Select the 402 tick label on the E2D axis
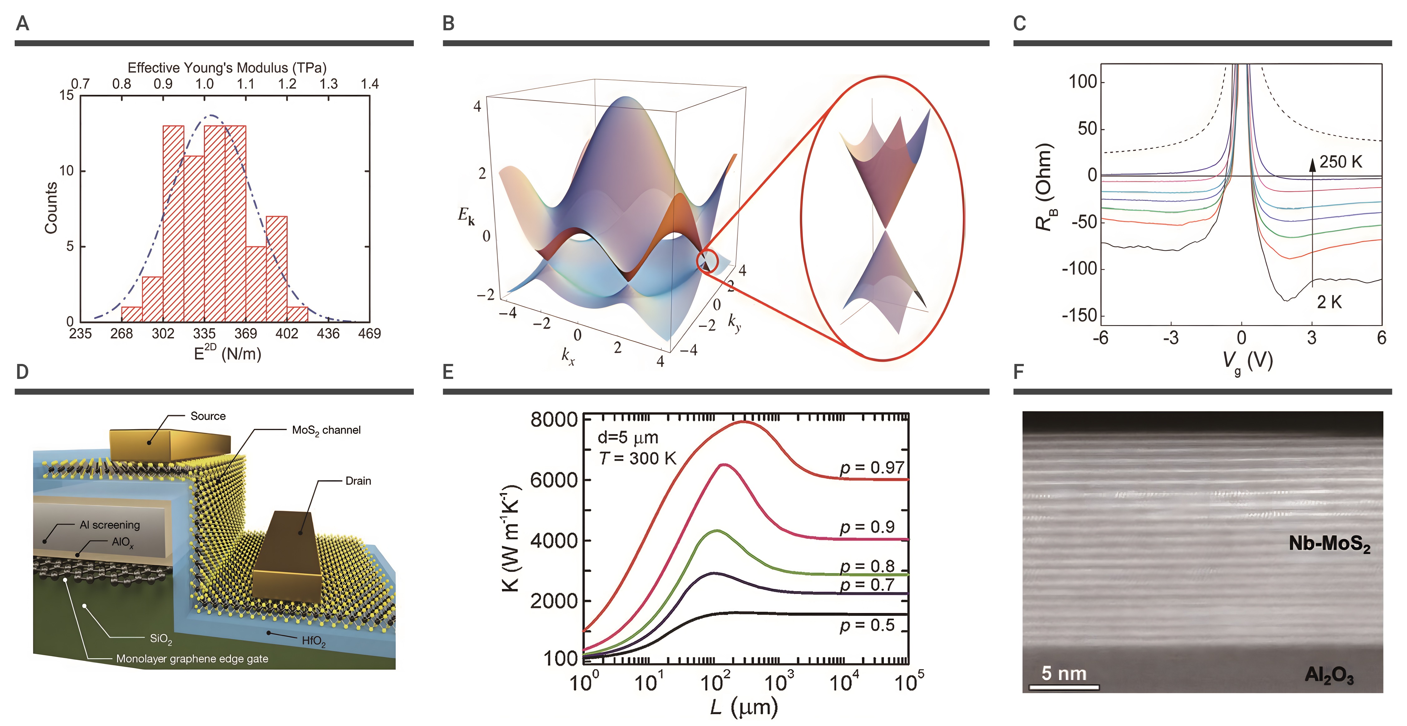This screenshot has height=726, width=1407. pos(287,334)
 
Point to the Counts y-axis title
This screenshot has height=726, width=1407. pos(51,208)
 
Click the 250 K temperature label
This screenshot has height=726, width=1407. pos(1340,162)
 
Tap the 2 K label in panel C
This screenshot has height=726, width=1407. pos(1329,302)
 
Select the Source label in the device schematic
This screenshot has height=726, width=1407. pos(208,416)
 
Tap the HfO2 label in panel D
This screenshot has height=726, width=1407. pos(314,641)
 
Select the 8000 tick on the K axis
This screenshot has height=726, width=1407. pos(553,420)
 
